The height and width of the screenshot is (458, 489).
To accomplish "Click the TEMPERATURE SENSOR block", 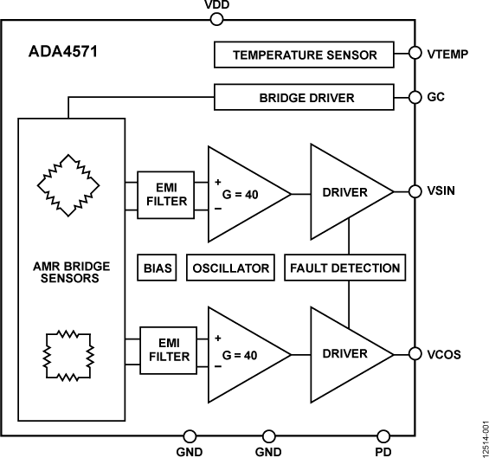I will (x=305, y=55).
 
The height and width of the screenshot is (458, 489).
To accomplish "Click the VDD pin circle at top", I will (x=217, y=15).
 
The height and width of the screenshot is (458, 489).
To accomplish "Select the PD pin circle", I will (x=383, y=435).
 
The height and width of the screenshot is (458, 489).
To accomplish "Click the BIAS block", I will (x=156, y=268).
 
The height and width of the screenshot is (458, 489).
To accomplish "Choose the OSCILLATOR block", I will (x=230, y=268).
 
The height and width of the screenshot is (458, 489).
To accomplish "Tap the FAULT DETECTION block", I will (x=344, y=268).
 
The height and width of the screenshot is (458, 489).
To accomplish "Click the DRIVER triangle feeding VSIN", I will (x=342, y=191).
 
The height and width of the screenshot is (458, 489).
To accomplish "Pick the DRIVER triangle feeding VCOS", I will (x=342, y=353).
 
